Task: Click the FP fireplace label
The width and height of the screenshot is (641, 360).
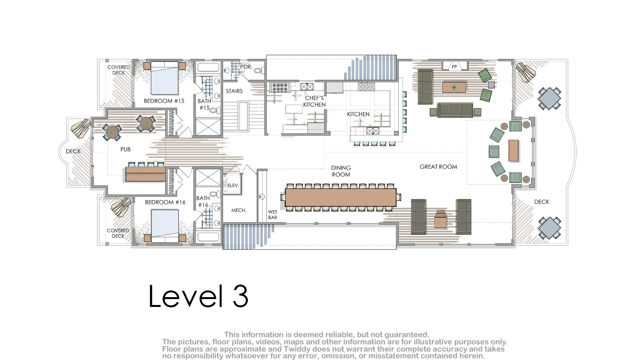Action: coord(454,67)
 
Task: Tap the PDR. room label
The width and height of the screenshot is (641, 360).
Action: coord(246,67)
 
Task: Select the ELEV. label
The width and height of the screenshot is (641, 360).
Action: coord(233,185)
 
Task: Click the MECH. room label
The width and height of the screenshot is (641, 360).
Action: coord(239,210)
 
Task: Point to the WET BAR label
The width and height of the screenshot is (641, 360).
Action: coord(273,215)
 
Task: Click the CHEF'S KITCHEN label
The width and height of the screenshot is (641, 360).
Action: coord(314,101)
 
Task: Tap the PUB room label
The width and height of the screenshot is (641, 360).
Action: coord(125,149)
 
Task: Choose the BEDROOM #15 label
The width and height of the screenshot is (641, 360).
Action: coord(164,101)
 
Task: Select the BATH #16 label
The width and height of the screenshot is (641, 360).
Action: coord(203,201)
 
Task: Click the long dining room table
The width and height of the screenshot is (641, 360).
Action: coord(341,197)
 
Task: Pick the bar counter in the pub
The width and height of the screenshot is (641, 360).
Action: coord(145,174)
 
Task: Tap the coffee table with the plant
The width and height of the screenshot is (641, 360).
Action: coord(454,87)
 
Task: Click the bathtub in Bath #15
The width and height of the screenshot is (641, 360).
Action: coord(208,68)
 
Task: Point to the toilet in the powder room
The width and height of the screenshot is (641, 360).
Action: coord(259,70)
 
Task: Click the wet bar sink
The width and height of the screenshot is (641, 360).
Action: coord(262,197)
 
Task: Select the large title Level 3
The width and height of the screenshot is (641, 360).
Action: coord(198,296)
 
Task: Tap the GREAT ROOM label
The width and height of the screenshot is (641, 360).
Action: coord(438,167)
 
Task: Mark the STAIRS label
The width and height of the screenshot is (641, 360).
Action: coord(234,91)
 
